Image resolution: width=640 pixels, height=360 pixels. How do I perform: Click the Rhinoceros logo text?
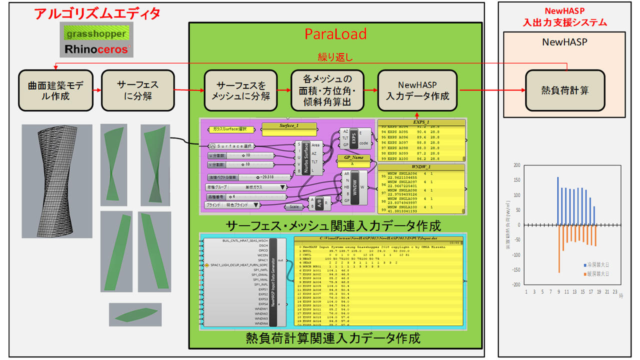click(95, 50)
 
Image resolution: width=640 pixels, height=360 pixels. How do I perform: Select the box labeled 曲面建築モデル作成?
click(55, 90)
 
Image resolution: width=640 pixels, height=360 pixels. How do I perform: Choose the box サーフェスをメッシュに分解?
click(240, 90)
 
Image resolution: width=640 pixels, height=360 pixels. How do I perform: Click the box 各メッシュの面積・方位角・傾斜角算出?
click(327, 90)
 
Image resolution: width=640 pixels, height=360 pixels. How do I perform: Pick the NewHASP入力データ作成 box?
click(417, 90)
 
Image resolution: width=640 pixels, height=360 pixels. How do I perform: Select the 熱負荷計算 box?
click(565, 90)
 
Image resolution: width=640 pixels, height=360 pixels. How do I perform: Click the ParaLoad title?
click(335, 34)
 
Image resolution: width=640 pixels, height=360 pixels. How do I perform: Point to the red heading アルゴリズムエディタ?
click(97, 13)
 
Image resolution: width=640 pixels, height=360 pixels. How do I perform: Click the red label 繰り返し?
click(335, 57)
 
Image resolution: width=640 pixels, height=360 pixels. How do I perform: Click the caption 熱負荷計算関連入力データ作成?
click(333, 338)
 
